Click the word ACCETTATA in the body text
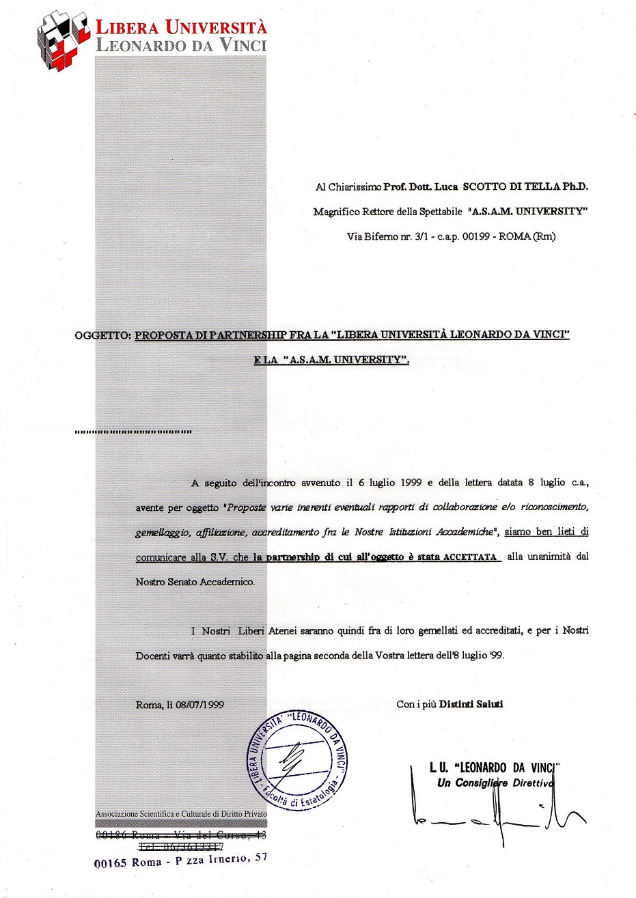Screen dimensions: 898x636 (x=470, y=557)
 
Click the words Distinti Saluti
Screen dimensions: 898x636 (x=471, y=704)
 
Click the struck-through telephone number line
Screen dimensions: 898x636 (x=182, y=846)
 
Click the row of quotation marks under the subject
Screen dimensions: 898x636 (x=133, y=432)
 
